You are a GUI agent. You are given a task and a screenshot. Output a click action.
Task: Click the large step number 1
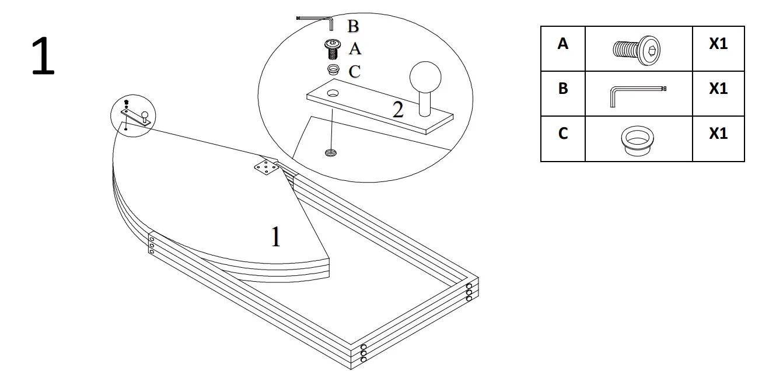pos(43,57)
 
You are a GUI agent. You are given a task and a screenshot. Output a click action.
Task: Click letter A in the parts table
pos(562,44)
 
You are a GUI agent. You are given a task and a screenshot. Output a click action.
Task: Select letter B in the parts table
pos(562,89)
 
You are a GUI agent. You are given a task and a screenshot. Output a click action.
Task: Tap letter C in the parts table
pos(562,134)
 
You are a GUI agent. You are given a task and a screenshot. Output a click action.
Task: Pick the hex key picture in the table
pos(637,94)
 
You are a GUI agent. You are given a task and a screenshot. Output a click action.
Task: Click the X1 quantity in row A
pos(718,44)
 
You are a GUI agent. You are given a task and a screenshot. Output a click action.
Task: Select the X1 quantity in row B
pos(718,89)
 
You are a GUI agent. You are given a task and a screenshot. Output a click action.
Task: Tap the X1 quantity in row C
pos(718,134)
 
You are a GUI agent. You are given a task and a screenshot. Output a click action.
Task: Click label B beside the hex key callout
pos(353,26)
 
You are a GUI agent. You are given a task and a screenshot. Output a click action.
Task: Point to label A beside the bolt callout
pos(355,49)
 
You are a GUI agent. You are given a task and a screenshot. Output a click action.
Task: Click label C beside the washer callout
pos(354,72)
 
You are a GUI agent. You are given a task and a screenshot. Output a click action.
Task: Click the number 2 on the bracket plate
pos(398,109)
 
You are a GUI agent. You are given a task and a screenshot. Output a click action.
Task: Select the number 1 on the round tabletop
pos(276,237)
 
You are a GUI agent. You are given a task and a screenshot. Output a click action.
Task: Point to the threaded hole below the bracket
pos(331,153)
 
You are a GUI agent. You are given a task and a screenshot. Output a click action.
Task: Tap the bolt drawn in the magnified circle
pos(333,49)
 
